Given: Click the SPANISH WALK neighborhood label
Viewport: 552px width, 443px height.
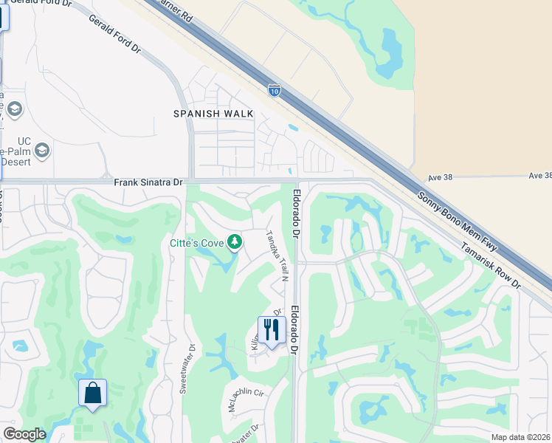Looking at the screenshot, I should click(213, 114).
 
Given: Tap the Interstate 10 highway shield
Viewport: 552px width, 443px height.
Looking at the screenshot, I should click(275, 91).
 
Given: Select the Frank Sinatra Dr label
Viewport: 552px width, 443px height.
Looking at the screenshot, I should click(148, 181).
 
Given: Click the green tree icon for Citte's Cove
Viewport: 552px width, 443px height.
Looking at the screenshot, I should click(235, 241).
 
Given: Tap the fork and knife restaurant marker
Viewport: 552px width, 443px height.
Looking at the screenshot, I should click(272, 329).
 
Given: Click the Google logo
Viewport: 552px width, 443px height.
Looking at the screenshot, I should click(24, 434).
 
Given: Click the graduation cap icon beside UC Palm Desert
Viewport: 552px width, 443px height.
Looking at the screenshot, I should click(42, 151).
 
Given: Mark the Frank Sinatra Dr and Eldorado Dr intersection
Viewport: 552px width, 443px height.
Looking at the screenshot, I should click(297, 181).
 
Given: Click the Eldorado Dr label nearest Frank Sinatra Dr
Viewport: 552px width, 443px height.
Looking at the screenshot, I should click(296, 214).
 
